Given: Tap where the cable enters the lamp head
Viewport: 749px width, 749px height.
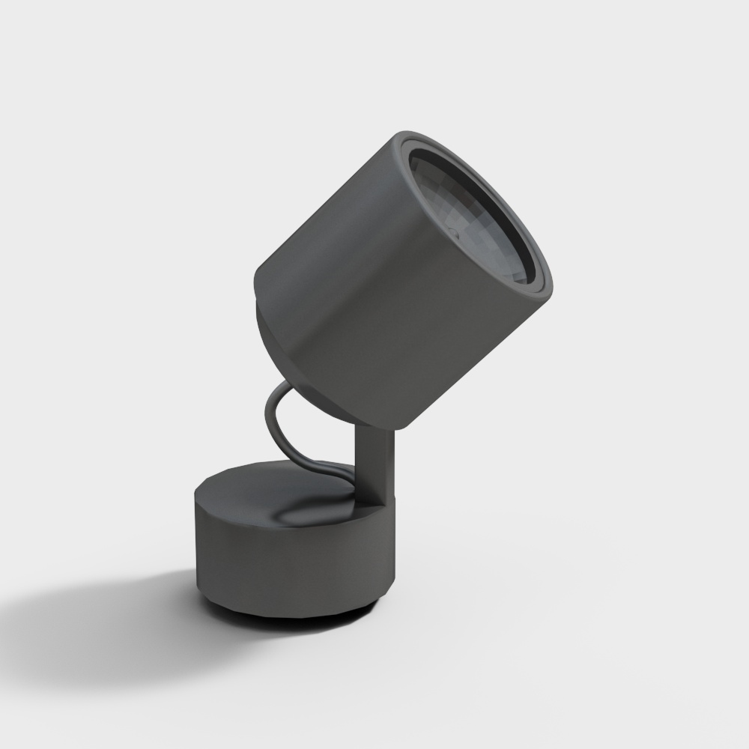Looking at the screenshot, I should pos(292,386).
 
